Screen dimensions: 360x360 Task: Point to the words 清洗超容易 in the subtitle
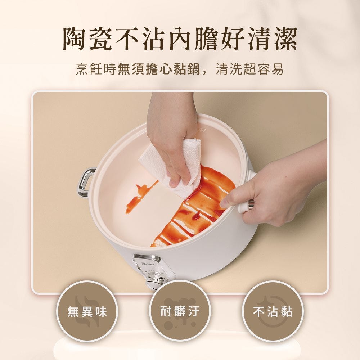coord(250,69)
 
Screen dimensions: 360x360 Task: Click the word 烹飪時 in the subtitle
coord(96,69)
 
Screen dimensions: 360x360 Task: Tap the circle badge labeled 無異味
coord(87,312)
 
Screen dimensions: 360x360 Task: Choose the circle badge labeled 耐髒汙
coord(180,311)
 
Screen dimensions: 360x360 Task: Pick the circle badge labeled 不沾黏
coord(273,312)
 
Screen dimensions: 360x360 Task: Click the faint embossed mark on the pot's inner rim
coord(202,131)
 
